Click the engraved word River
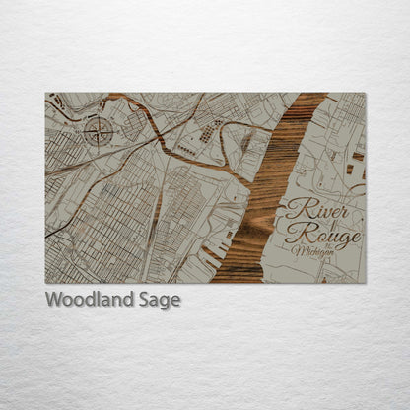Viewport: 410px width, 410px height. (313, 209)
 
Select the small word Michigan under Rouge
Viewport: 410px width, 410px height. (313, 252)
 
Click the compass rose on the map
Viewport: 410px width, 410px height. (97, 129)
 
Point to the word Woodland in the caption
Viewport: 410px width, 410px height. (85, 300)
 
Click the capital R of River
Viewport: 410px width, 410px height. (296, 209)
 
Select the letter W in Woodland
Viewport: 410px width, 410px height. (52, 300)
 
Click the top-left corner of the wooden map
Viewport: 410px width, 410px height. (45, 94)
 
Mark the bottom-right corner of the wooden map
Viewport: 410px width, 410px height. (365, 283)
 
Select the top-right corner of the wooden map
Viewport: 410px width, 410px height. (365, 94)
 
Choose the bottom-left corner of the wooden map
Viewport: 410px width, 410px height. (45, 283)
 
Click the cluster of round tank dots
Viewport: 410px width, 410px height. (209, 132)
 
